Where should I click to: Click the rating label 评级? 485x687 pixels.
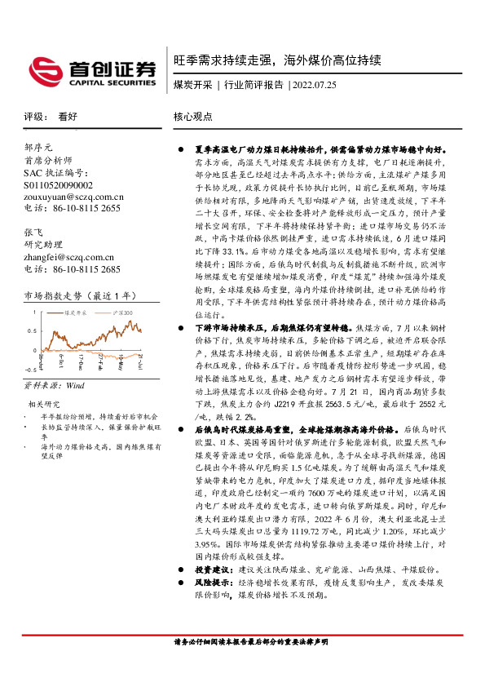coord(33,117)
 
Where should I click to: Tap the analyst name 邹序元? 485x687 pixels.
coord(38,148)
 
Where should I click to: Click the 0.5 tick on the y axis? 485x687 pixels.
coord(32,330)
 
